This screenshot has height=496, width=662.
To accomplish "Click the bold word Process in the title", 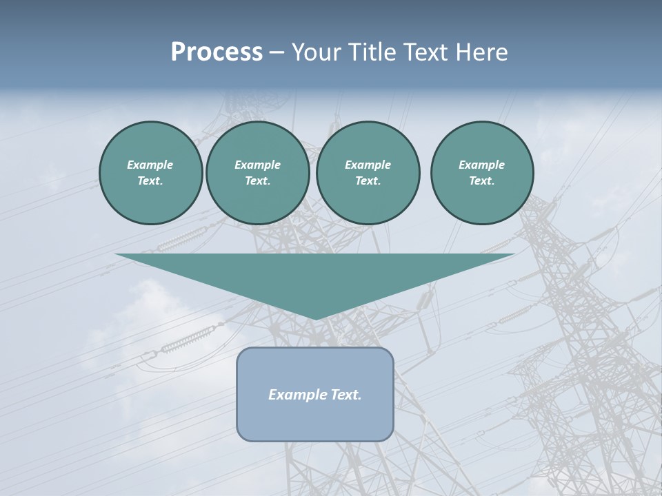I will [217, 52].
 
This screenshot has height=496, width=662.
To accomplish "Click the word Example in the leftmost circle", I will [150, 165].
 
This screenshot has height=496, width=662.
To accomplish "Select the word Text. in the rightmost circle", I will [482, 180].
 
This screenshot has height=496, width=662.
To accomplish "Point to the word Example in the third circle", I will [368, 165].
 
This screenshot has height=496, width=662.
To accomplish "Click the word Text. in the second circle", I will [257, 180].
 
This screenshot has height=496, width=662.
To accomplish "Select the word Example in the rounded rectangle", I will [296, 395].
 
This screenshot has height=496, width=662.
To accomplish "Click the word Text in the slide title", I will [425, 52].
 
